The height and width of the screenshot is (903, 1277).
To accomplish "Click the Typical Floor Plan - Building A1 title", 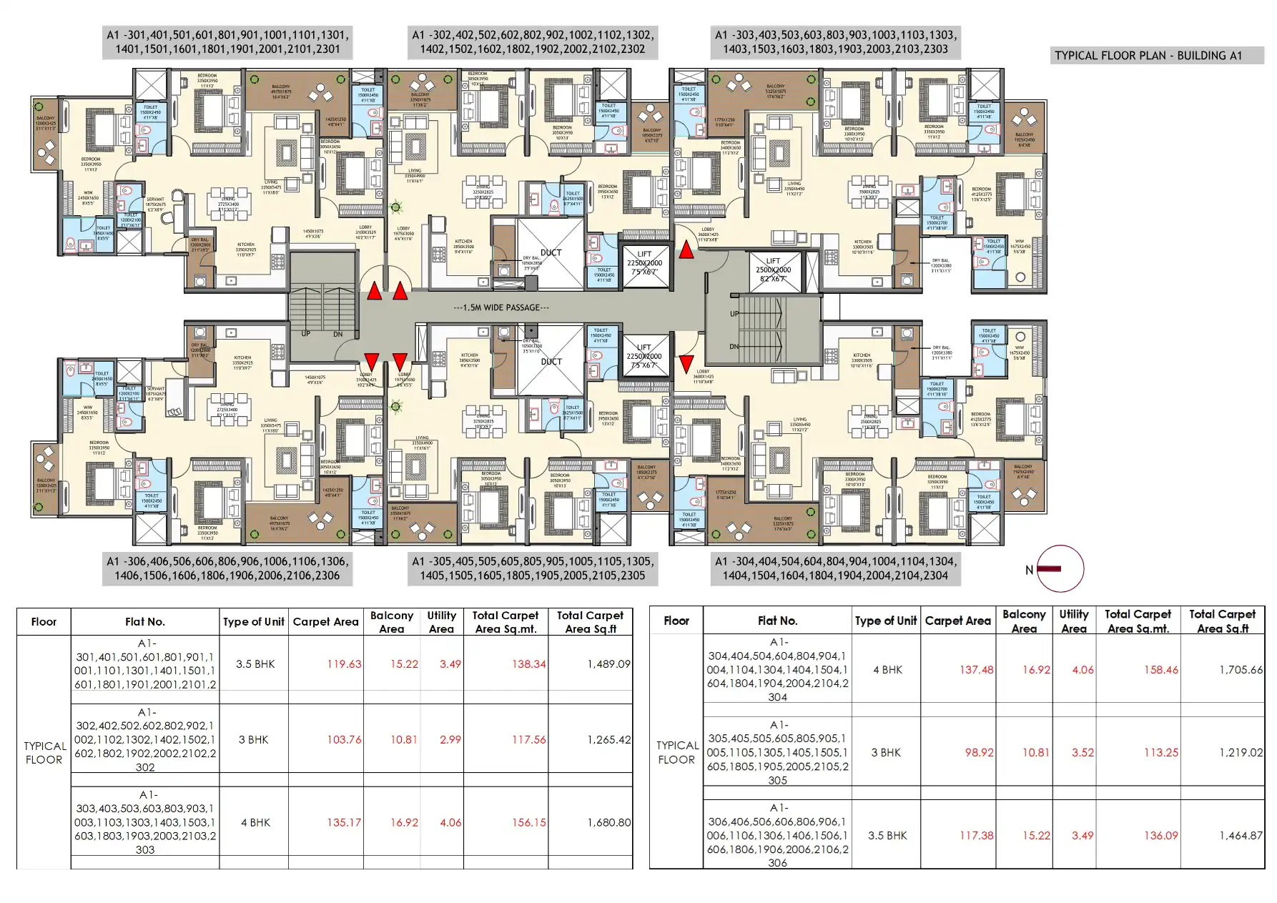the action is (1148, 56).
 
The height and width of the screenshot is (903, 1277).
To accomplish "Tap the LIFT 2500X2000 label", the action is (773, 270).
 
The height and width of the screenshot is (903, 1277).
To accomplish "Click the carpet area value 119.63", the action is (344, 664).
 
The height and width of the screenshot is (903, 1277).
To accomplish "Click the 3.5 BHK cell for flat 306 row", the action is (887, 835).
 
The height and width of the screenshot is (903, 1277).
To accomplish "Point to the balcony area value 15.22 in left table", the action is (404, 664).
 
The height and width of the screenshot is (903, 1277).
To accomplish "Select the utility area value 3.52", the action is (1083, 752).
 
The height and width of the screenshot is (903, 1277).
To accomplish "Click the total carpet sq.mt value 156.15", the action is (528, 822).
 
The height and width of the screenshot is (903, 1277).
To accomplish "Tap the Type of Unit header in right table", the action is (885, 621).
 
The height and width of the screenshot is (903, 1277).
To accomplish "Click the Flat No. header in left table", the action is (144, 622).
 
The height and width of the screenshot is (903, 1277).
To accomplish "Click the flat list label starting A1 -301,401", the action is (227, 42).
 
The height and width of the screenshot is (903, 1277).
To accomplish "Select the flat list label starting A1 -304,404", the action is (835, 568).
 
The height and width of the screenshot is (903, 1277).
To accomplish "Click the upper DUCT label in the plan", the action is (551, 252).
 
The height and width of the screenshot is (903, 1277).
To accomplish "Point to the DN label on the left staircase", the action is (337, 334).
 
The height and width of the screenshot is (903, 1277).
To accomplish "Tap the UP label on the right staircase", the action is (734, 314).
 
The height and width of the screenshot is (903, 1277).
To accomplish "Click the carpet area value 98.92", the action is (976, 752).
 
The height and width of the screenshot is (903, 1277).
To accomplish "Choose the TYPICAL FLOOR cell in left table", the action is (44, 752).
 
